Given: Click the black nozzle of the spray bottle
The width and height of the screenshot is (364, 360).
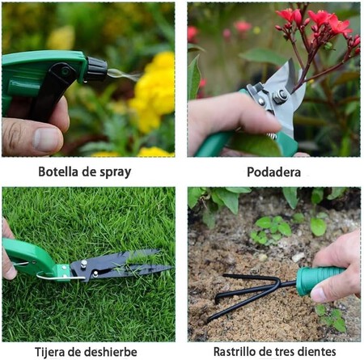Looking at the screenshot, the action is pos(96,69).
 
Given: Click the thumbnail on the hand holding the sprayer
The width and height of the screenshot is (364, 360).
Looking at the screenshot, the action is pos(47,140).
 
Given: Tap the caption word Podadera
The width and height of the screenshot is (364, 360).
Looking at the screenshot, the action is pos(273,172).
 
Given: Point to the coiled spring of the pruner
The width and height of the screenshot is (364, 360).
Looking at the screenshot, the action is pos(273,136).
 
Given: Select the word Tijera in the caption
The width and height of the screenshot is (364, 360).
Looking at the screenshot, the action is pos(49,352).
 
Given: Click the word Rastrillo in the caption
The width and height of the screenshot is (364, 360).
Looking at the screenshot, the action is pos(235,352).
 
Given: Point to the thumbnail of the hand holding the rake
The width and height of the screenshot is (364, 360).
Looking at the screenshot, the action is pos(319,294).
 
